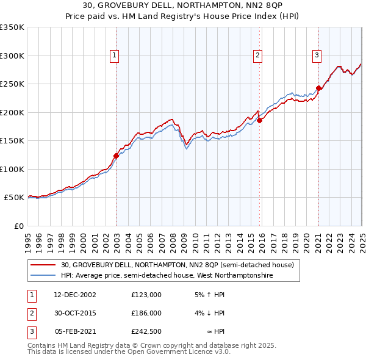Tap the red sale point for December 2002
pos(116,156)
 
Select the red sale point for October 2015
pos(260,120)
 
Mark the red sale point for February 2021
pos(318,88)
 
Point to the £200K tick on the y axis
pos(12,112)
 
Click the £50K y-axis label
pos(14,198)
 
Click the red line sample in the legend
pos(43,265)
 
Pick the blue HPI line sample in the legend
pos(43,276)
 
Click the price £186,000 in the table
pos(146,313)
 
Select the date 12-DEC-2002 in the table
pos(75,295)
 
